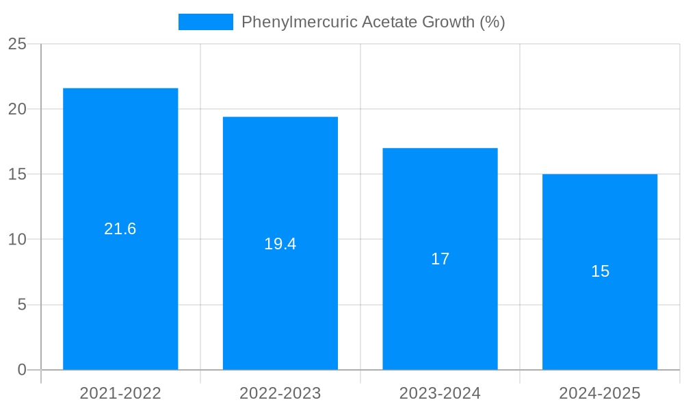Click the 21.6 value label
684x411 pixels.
[x=120, y=229]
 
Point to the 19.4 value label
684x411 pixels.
[x=280, y=244]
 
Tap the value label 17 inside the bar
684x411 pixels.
[x=440, y=259]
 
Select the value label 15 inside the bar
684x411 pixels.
[x=600, y=271]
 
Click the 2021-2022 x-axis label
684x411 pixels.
[x=120, y=393]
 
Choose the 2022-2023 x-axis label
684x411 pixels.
[x=280, y=393]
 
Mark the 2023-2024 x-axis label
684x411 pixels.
[x=440, y=393]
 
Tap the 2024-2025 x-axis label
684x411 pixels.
[x=600, y=393]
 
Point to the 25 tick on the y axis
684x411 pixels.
[x=17, y=45]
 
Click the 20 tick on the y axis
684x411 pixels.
[x=17, y=110]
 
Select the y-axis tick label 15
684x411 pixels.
[x=17, y=175]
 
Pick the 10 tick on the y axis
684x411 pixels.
[x=17, y=240]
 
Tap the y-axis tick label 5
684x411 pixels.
[x=22, y=305]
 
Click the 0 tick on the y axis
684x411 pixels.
[x=22, y=370]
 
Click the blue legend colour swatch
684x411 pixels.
[x=205, y=22]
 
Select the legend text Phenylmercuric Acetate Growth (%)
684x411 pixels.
[x=373, y=22]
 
